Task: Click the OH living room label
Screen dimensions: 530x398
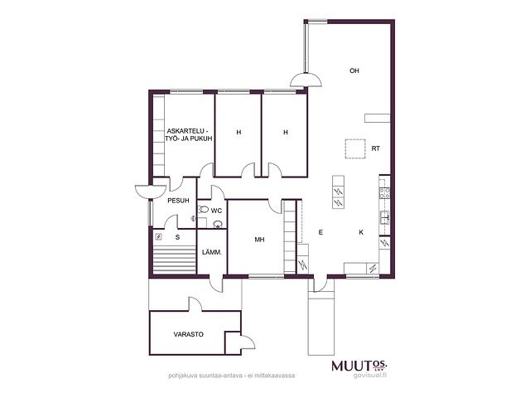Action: (x=354, y=70)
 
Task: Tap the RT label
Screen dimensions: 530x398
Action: (x=375, y=148)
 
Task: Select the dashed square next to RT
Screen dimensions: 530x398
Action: (x=355, y=149)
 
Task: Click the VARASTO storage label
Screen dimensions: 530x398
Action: (x=189, y=334)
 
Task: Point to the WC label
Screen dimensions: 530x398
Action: (x=216, y=211)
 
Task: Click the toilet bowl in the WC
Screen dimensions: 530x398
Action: (x=203, y=210)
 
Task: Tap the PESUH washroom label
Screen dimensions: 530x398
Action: (x=179, y=201)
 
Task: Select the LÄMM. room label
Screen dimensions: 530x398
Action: (x=212, y=252)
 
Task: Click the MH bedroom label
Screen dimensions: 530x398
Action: (x=259, y=240)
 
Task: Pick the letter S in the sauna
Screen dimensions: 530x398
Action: (x=178, y=237)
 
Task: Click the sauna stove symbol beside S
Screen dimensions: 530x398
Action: (x=158, y=237)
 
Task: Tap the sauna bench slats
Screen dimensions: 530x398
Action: (x=175, y=260)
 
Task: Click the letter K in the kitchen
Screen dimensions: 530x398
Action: (x=361, y=232)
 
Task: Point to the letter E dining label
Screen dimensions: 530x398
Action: (x=320, y=232)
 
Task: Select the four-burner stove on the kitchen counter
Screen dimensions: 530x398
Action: (x=384, y=193)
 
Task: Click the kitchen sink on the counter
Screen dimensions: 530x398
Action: (x=384, y=217)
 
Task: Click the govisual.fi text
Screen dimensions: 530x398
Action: (x=369, y=376)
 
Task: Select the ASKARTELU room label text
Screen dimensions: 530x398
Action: (x=188, y=131)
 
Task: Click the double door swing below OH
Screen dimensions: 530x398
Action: (x=306, y=80)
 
